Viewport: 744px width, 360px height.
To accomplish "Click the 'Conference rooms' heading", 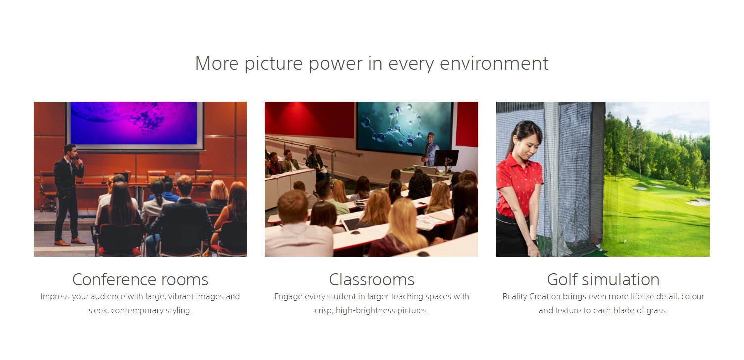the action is coord(140,279).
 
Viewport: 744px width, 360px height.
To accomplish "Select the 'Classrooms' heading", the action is coord(372,279).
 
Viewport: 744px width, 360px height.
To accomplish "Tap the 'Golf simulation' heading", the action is coord(603,279).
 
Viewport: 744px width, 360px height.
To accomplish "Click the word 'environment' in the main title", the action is coord(494,63).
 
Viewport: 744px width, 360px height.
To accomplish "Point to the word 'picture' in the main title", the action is coord(274,64).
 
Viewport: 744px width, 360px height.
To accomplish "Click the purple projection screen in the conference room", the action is coord(134,124).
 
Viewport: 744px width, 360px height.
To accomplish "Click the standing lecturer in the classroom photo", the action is coord(431,149).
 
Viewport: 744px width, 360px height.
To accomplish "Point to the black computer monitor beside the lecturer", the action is coord(446,158).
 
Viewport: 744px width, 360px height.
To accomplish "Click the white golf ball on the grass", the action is coord(625,241).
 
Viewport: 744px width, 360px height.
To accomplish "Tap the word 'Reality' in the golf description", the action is coord(514,297).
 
